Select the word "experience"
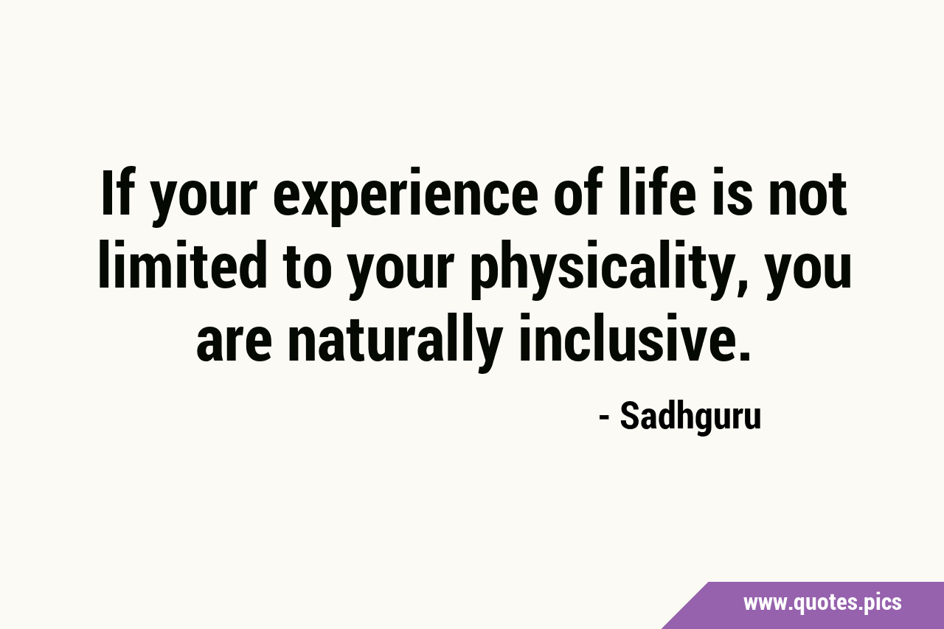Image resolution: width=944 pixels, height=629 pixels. click(406, 197)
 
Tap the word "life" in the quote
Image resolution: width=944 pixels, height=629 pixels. click(656, 192)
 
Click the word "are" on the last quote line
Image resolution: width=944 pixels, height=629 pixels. click(234, 343)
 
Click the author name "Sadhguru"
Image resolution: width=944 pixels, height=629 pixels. click(691, 418)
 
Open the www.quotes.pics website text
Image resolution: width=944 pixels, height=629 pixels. click(822, 603)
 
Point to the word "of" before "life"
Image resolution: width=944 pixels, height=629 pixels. click(578, 192)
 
